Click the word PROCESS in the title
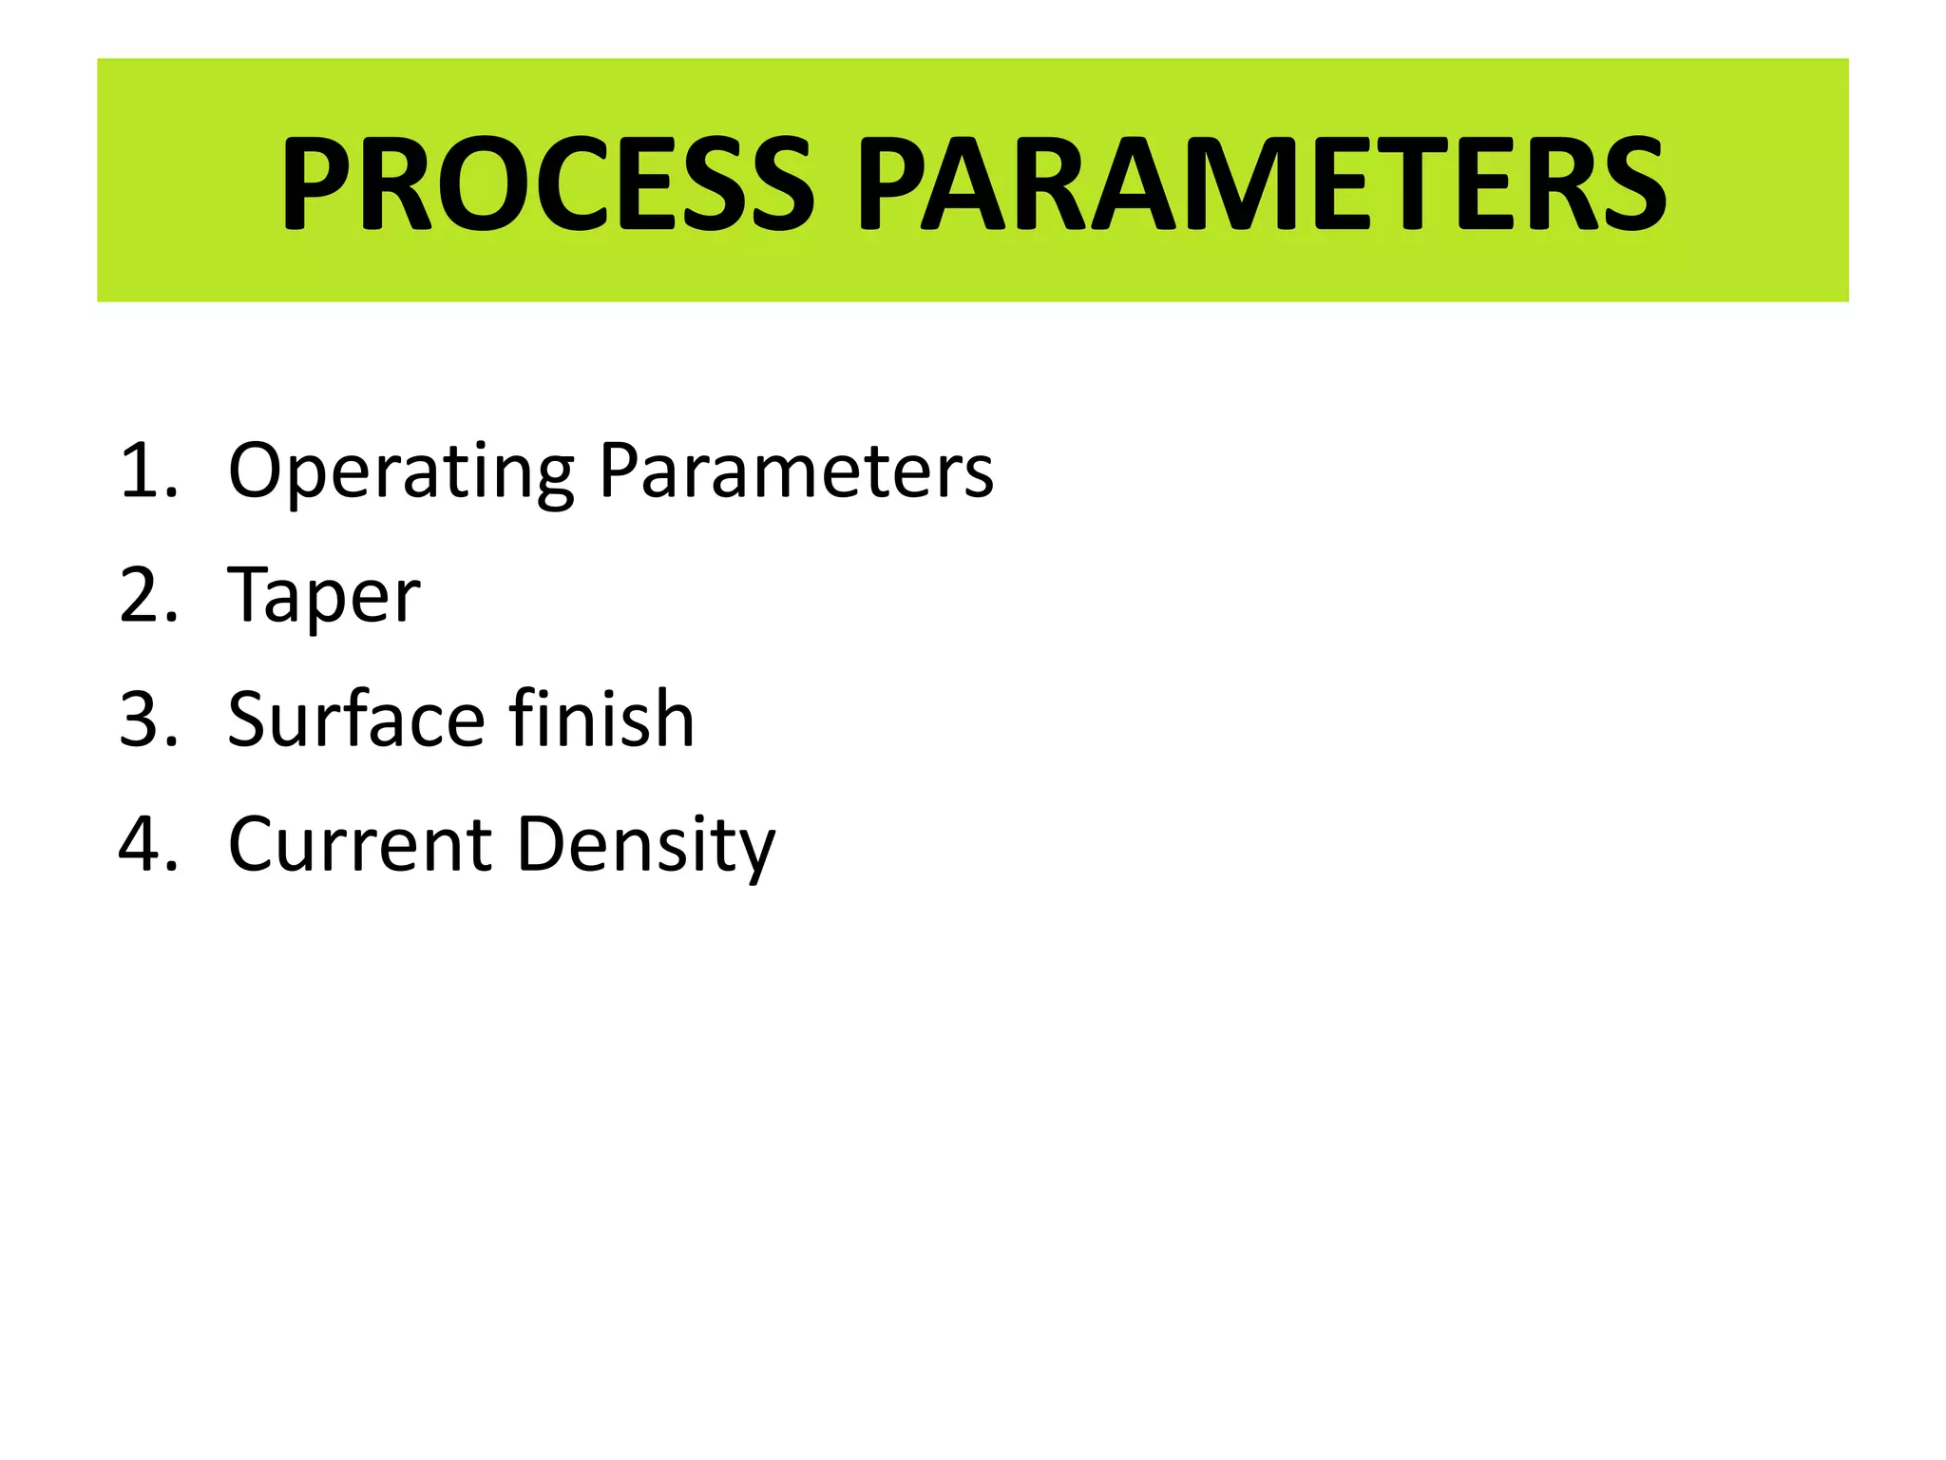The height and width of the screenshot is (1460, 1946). pos(546,183)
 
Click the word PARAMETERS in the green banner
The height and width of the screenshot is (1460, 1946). pos(1261,183)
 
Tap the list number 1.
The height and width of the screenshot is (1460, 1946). pos(148,471)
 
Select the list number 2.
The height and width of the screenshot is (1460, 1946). pos(148,595)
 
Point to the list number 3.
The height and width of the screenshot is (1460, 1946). pos(148,720)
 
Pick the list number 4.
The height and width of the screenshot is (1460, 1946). pos(148,844)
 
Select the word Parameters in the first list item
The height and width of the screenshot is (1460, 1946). pos(796,471)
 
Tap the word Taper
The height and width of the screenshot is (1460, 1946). pos(324,597)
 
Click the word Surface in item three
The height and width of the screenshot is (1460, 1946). pos(357,720)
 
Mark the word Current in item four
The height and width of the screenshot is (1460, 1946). pos(360,844)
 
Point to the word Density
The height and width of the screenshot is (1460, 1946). pos(646,846)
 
